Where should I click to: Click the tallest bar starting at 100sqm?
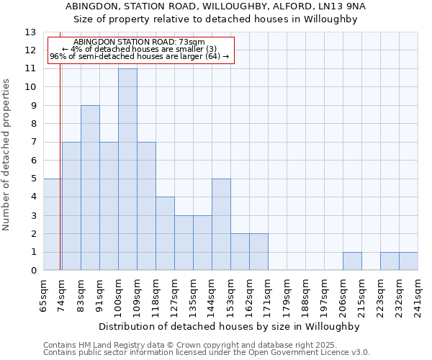pyautogui.click(x=127, y=170)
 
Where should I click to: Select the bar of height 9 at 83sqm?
pyautogui.click(x=90, y=188)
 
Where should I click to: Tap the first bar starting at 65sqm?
pyautogui.click(x=53, y=225)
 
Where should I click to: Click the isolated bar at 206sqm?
pyautogui.click(x=352, y=261)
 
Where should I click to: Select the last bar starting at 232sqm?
pyautogui.click(x=408, y=261)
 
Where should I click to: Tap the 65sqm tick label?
pyautogui.click(x=44, y=294)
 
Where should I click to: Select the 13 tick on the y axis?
pyautogui.click(x=30, y=32)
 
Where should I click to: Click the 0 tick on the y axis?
pyautogui.click(x=33, y=271)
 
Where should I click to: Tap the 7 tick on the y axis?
pyautogui.click(x=33, y=143)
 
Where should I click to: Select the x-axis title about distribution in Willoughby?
pyautogui.click(x=229, y=326)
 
